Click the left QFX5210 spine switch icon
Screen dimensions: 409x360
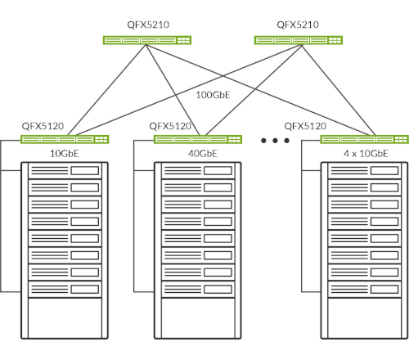[x=147, y=40]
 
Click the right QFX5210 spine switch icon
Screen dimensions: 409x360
[x=299, y=40]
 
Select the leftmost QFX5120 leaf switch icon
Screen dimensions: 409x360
[x=65, y=139]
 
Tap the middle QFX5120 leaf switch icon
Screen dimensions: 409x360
[x=198, y=139]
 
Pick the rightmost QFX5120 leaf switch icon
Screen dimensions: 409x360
[x=365, y=139]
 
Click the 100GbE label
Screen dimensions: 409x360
[x=213, y=95]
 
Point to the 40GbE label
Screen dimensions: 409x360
[x=203, y=154]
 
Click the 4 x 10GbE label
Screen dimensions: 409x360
[x=366, y=154]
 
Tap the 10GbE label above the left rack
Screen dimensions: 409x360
[x=65, y=154]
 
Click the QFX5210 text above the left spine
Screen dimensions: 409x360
[x=148, y=25]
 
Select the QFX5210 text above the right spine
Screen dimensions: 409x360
[x=298, y=25]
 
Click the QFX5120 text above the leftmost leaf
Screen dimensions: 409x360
[x=43, y=126]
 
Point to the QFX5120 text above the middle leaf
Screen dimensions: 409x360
[x=170, y=126]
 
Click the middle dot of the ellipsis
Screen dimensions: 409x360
[x=275, y=141]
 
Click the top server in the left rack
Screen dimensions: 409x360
[x=65, y=171]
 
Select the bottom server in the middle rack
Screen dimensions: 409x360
[x=198, y=289]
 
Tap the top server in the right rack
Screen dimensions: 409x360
[x=365, y=171]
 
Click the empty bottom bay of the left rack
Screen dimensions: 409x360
[x=65, y=317]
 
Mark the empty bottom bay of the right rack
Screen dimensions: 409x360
[x=365, y=317]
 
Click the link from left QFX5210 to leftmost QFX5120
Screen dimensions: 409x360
[x=107, y=90]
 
